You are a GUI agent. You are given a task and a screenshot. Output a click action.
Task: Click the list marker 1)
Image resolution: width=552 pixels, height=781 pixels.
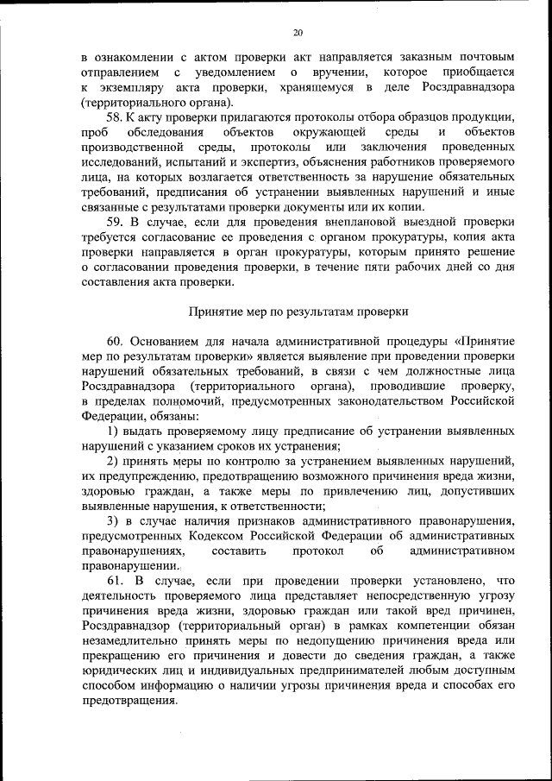click(x=113, y=431)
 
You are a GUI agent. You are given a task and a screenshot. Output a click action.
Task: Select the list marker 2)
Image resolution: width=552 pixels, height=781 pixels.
click(x=113, y=461)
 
